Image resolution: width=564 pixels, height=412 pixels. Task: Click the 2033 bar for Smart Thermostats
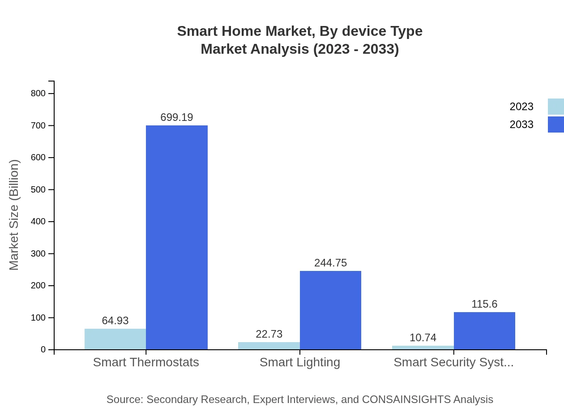pyautogui.click(x=177, y=237)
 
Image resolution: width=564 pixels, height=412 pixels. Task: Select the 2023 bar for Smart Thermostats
pyautogui.click(x=115, y=339)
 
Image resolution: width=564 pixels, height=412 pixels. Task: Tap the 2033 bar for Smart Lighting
pyautogui.click(x=330, y=310)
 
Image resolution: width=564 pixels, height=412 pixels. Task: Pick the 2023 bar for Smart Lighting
pyautogui.click(x=269, y=346)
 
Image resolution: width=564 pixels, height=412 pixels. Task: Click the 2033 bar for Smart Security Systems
pyautogui.click(x=484, y=330)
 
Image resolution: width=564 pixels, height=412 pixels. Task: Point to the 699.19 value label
pyautogui.click(x=177, y=117)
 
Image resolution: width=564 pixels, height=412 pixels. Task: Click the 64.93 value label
pyautogui.click(x=115, y=321)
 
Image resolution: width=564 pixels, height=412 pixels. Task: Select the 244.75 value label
pyautogui.click(x=330, y=263)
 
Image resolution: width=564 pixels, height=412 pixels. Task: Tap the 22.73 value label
pyautogui.click(x=269, y=334)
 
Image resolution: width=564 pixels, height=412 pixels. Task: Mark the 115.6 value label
pyautogui.click(x=484, y=304)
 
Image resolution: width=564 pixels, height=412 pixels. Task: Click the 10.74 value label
pyautogui.click(x=423, y=338)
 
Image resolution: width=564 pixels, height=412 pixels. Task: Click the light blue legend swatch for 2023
pyautogui.click(x=555, y=107)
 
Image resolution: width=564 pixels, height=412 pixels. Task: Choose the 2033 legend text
pyautogui.click(x=521, y=124)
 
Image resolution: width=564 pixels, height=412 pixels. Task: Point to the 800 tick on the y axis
pyautogui.click(x=38, y=94)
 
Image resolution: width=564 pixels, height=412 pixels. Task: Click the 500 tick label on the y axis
pyautogui.click(x=38, y=189)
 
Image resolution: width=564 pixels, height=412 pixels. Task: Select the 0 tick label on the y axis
pyautogui.click(x=43, y=350)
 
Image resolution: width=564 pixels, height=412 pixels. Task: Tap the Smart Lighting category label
pyautogui.click(x=300, y=362)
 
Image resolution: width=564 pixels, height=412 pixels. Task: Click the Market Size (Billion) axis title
pyautogui.click(x=14, y=215)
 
